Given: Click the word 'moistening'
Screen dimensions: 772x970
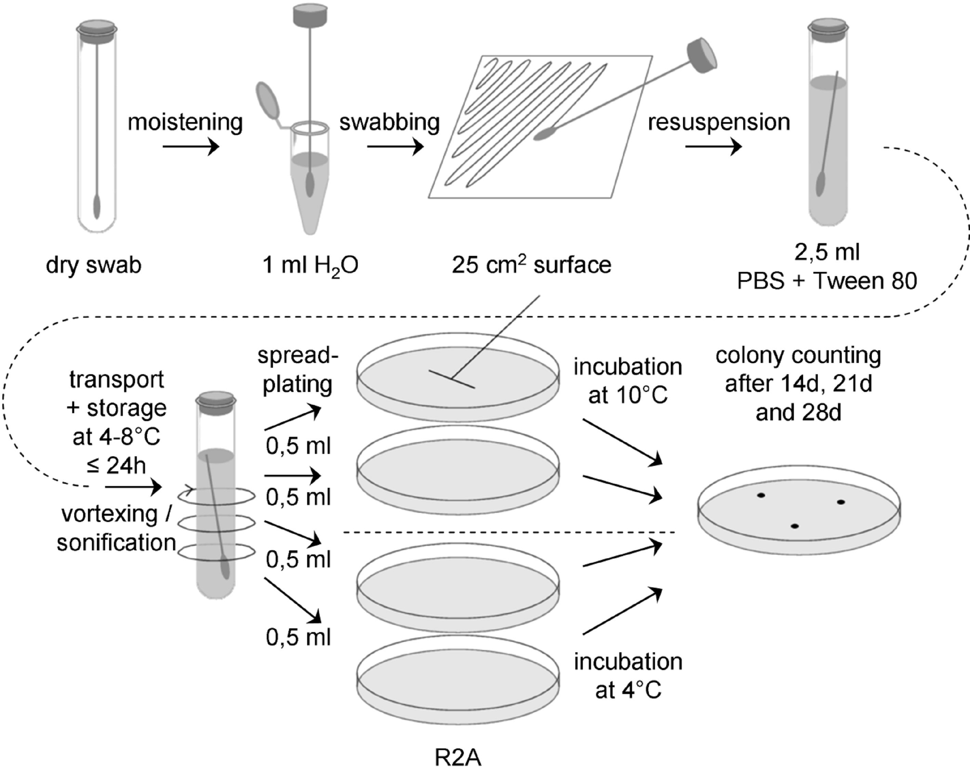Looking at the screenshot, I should pos(185,122).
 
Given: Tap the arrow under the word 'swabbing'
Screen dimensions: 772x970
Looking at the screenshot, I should pos(395,147).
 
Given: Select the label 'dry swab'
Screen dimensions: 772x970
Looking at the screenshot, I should pos(94,265).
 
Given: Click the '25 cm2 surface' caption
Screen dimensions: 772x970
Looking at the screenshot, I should pos(531,265).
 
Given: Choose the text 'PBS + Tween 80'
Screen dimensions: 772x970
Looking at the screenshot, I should pos(827,281).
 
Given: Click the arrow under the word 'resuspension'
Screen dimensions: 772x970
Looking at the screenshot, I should pos(713,147).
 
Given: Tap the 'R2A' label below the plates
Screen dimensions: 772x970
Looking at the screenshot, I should pos(458,758).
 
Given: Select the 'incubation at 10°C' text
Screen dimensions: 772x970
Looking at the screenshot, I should pos(628,381).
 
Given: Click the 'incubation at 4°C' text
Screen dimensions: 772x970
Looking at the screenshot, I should pos(628,676).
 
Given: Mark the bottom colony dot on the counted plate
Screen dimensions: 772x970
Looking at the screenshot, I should pos(795,526).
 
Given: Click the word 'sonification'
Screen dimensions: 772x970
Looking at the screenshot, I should pos(116,542).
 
